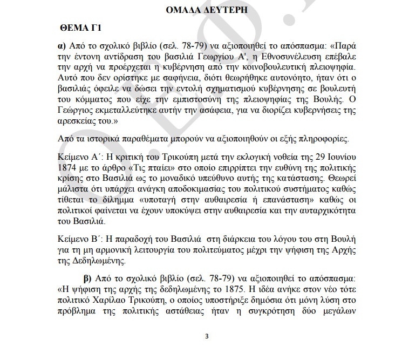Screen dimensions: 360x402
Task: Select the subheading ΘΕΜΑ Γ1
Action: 79,28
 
